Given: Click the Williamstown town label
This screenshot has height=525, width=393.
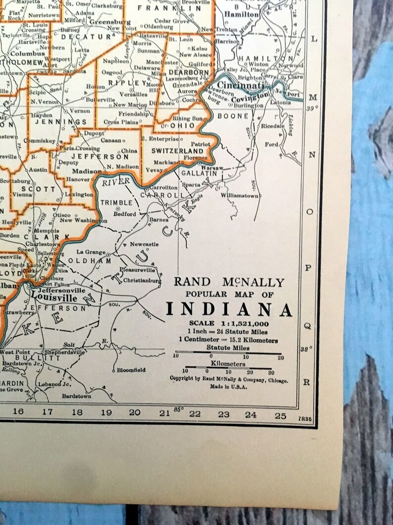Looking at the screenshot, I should pyautogui.click(x=240, y=196).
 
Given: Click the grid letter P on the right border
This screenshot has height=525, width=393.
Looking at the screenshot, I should pyautogui.click(x=308, y=268).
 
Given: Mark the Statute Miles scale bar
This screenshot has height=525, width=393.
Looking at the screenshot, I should pyautogui.click(x=229, y=353).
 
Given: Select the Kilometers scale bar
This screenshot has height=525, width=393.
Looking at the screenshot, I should pyautogui.click(x=229, y=367).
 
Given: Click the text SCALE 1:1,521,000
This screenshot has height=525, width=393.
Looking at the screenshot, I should pyautogui.click(x=229, y=323).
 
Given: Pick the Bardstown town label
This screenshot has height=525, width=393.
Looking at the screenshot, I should pyautogui.click(x=76, y=396).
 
